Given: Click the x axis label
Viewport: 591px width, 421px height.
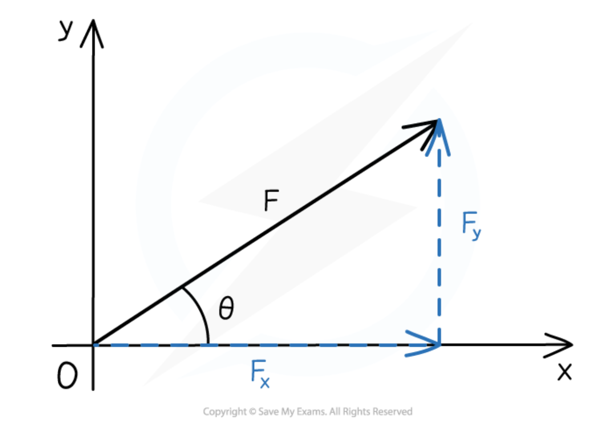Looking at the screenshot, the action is coord(564,371).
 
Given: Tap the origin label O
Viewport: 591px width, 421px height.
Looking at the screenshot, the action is coord(67,376).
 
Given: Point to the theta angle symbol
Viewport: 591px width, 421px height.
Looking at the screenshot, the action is coord(226,308).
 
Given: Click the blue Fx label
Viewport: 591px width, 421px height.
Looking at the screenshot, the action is coord(259,374).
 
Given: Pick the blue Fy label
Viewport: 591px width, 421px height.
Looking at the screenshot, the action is coord(471,225).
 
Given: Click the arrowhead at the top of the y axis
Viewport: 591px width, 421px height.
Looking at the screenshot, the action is coord(93,33).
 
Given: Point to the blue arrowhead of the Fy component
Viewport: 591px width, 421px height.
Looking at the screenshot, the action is coord(439,136).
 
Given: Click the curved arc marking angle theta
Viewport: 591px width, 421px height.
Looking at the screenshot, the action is coord(201,314).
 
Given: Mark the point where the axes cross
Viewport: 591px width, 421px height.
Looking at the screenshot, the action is coord(93,345).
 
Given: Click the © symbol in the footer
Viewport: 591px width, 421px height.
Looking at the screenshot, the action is coord(252,412).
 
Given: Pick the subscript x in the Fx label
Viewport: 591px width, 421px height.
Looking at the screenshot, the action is coord(265,382).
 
